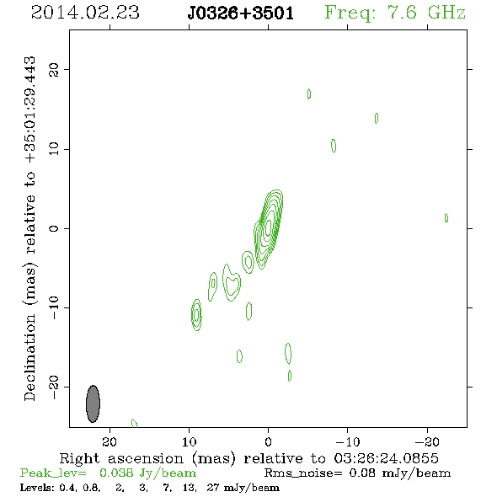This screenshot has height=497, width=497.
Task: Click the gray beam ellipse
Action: click(93, 403)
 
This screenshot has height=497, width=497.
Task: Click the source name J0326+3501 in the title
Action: click(241, 13)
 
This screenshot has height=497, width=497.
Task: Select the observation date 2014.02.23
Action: click(85, 13)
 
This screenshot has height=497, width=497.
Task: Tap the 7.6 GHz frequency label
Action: click(395, 13)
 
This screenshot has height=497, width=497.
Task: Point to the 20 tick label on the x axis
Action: click(110, 441)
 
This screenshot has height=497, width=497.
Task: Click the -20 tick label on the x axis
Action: click(427, 441)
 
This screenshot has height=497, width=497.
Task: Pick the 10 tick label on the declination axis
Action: click(54, 148)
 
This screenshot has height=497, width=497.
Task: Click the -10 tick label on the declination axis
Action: click(54, 307)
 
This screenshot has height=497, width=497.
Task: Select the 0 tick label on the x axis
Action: click(268, 441)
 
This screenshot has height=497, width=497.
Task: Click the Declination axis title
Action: click(29, 228)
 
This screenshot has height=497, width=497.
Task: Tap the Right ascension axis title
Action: click(248, 458)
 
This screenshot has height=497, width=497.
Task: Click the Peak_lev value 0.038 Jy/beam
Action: click(147, 473)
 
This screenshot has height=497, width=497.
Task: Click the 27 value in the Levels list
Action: click(212, 487)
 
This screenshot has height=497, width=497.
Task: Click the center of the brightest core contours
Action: click(269, 227)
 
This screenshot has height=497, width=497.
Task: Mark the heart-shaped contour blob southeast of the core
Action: click(232, 283)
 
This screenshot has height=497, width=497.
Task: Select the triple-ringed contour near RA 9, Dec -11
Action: click(196, 315)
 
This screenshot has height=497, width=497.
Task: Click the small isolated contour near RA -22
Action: click(446, 218)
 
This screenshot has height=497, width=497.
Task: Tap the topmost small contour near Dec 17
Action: click(309, 94)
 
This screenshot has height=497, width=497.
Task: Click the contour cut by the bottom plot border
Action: click(135, 423)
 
